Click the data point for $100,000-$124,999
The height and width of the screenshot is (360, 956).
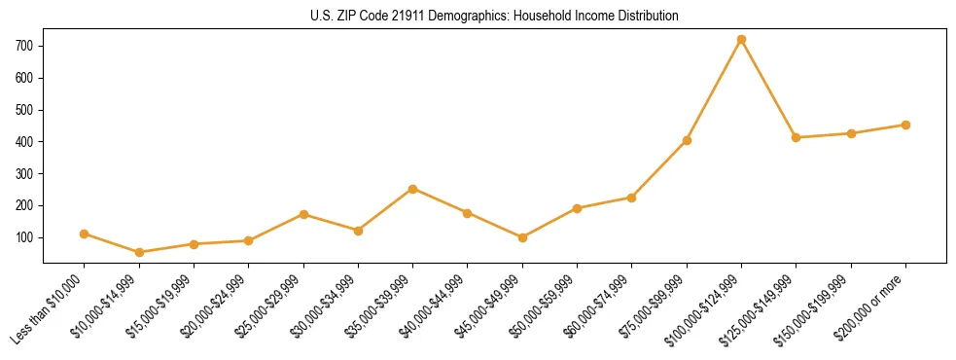[741, 40]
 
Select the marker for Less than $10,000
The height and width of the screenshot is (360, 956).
[85, 234]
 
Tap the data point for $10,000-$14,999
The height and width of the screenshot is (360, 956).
[139, 252]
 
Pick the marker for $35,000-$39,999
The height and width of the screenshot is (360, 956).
[413, 189]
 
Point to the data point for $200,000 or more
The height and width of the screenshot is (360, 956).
[905, 125]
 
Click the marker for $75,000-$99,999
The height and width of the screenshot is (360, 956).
[687, 140]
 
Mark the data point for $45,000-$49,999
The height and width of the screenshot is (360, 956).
[522, 237]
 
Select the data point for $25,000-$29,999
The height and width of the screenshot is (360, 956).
[303, 214]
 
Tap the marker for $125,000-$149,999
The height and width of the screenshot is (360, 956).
[796, 137]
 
